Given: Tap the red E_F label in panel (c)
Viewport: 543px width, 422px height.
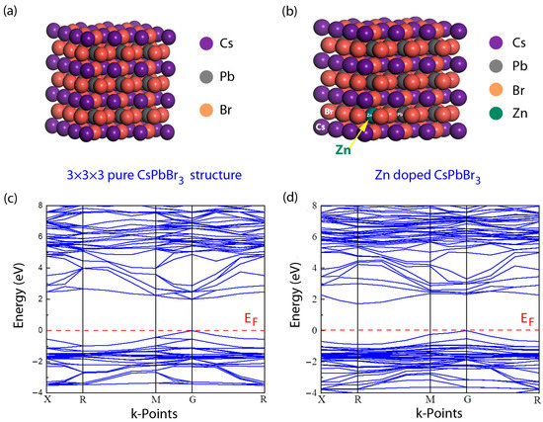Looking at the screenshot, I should (x=252, y=319).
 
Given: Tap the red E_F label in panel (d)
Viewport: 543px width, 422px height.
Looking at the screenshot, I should (x=526, y=320).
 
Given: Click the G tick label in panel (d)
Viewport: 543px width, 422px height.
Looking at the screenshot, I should (x=467, y=400).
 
